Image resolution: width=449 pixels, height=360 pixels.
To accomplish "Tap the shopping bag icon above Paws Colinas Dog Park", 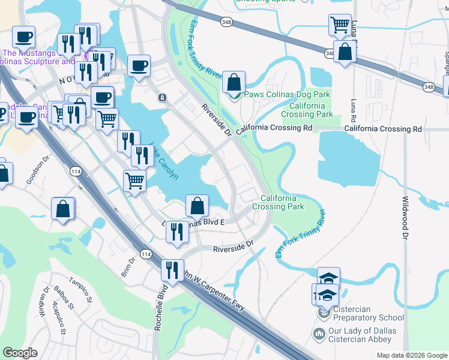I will tap(234, 82).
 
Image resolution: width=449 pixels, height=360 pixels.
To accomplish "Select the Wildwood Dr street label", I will tap(405, 217).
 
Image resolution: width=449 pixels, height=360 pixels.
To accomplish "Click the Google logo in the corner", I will tap(20, 353).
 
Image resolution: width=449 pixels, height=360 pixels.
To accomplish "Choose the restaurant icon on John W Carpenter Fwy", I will tap(172, 270).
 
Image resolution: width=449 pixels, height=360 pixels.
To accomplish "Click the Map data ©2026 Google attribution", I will tap(412, 355).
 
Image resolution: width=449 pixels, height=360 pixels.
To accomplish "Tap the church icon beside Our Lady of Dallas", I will tap(319, 333).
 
